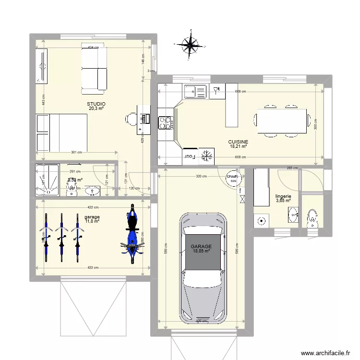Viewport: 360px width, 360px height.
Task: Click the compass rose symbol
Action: pos(191,46)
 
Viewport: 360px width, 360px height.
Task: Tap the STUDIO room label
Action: pos(96,104)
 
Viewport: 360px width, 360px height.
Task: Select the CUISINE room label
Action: pos(238,142)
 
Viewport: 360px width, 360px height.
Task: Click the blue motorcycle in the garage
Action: pos(132,233)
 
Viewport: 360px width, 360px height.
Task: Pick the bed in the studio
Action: pos(61,132)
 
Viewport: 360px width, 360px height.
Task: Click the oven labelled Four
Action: pos(189,156)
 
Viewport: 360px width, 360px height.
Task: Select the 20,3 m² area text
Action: pos(96,108)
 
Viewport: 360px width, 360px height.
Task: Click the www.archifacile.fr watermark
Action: pos(324,353)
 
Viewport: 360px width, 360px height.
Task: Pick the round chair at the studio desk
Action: pos(131,118)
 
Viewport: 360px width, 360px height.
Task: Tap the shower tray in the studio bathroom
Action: pos(48,180)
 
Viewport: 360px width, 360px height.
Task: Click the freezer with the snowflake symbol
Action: pos(207,155)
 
